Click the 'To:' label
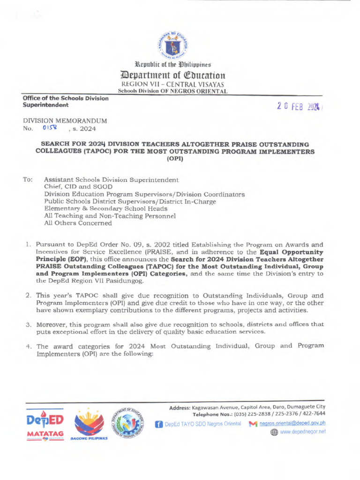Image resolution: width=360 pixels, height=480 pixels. click(x=28, y=180)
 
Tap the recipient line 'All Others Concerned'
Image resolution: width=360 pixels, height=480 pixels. click(x=78, y=223)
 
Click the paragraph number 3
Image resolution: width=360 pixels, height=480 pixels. click(x=28, y=324)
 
